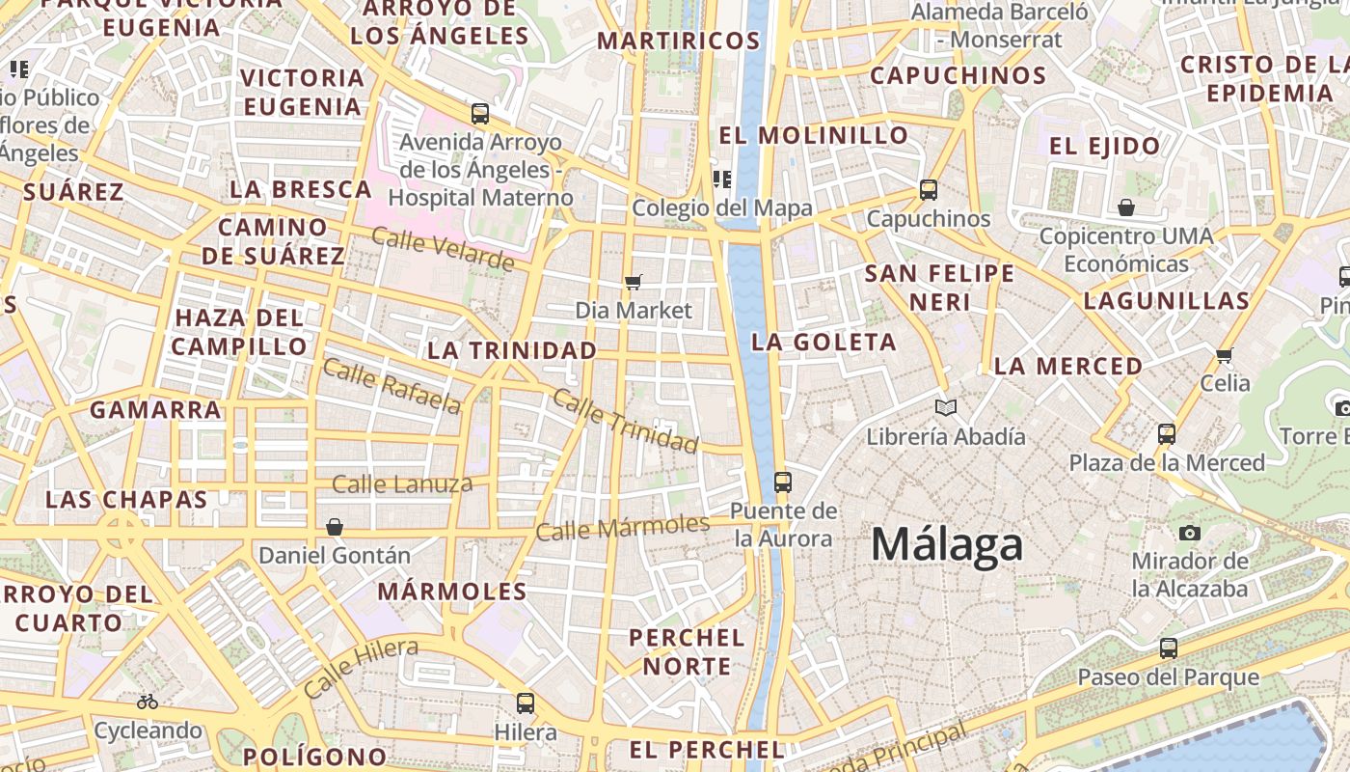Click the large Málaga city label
pos(946,544)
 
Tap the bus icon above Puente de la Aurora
pos(783,482)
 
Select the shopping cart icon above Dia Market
pos(634,282)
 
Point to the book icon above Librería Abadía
pos(946,407)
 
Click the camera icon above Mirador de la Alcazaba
pos(1190,533)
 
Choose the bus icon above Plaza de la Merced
pos(1167,434)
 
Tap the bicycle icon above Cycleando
pos(148,702)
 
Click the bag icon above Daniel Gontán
pos(335,527)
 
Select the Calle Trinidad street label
pos(625,421)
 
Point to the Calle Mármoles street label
pos(623,527)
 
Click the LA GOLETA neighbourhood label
pos(823,342)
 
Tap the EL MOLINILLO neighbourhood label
pos(814,135)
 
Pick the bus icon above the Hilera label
pos(526,703)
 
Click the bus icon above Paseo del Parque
pos(1169,648)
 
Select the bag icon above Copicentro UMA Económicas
pos(1126,207)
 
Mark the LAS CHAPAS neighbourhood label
pos(126,499)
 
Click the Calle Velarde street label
pos(443,249)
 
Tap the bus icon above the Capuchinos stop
pos(929,190)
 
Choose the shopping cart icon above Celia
pos(1225,355)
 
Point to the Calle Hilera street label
pos(360,668)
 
